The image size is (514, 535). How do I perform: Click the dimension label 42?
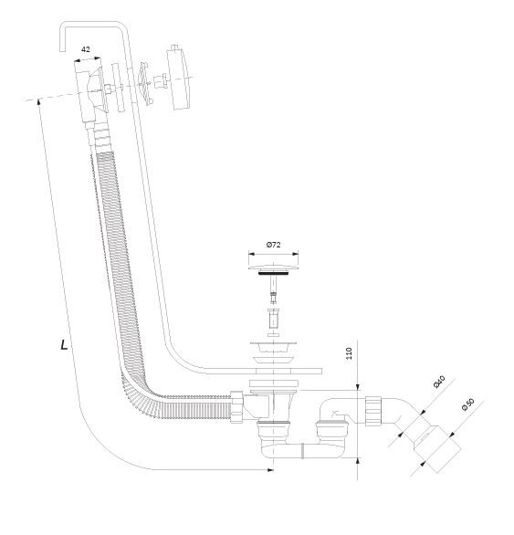point(86,49)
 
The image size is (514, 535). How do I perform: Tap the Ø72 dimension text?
point(273,245)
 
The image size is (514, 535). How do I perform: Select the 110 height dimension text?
point(349,353)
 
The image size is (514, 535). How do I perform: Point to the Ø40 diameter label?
point(439,382)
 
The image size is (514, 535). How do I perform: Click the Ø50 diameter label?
point(467,404)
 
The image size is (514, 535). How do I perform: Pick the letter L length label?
point(64,345)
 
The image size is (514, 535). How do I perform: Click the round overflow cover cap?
point(178,77)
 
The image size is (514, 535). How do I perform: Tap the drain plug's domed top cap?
point(273,266)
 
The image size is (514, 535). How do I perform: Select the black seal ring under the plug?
point(273,273)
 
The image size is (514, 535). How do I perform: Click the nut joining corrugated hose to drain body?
point(236,407)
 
